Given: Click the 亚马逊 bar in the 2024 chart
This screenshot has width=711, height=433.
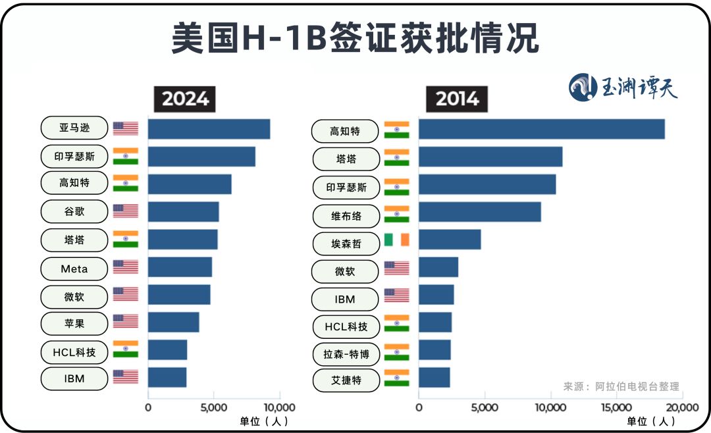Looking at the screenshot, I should click(x=209, y=129).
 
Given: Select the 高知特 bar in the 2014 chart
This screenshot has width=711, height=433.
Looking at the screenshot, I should click(x=541, y=129).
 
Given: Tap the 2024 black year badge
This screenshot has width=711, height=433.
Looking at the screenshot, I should click(x=185, y=99).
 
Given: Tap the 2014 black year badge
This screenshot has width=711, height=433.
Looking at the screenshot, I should click(x=458, y=99).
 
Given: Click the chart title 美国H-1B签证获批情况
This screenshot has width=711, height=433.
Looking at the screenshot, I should click(x=355, y=38).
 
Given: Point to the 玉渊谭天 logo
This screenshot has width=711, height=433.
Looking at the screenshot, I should click(x=623, y=87).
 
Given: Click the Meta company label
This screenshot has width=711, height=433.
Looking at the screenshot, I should click(x=74, y=268).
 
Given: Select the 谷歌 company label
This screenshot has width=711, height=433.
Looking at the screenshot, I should click(x=74, y=211).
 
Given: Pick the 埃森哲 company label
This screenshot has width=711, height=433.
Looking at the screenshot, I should click(x=346, y=243).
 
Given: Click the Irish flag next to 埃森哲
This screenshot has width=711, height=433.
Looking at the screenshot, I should click(x=396, y=240).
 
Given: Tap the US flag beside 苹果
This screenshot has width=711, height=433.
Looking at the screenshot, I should click(x=125, y=321).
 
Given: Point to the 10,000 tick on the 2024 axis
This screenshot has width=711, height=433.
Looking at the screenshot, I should click(x=280, y=407).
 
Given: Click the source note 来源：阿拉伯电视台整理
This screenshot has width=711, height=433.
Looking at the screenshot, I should click(x=621, y=386).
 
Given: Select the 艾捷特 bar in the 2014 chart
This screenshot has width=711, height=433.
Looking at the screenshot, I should click(x=434, y=378).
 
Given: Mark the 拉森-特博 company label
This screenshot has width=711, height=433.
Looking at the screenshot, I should click(x=346, y=355).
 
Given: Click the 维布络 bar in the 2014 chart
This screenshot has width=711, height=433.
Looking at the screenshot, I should click(x=479, y=212).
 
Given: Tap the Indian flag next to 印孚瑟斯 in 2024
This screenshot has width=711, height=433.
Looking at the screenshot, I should click(x=125, y=156).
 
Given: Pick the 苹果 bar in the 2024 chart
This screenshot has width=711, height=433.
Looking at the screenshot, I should click(x=173, y=322).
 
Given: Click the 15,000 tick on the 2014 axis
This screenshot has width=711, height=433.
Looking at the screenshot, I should click(x=616, y=407).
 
